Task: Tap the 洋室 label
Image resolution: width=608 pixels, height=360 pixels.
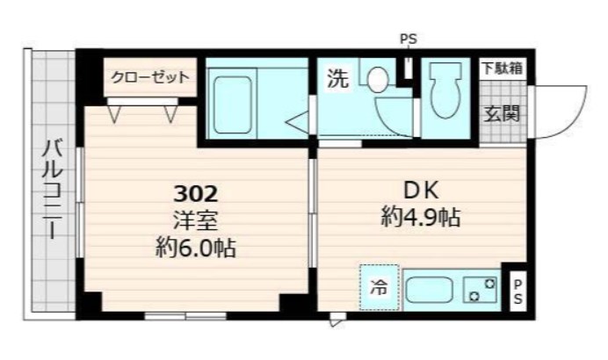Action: [x=194, y=220]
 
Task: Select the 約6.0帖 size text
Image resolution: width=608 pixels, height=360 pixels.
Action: [x=194, y=248]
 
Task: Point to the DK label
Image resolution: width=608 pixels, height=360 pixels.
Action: [x=421, y=191]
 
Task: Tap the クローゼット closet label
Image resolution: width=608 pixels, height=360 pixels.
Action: [x=149, y=77]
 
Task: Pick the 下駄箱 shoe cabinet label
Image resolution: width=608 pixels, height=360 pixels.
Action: [x=503, y=68]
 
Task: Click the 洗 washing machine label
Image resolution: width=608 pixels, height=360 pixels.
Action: [x=337, y=79]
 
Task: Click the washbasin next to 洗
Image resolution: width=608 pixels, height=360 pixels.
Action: [x=377, y=80]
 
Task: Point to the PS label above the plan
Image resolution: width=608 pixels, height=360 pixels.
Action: [x=409, y=39]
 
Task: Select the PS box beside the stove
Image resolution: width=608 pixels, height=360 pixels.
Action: [x=518, y=289]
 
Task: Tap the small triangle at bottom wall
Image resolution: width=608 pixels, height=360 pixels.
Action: [x=335, y=321]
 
